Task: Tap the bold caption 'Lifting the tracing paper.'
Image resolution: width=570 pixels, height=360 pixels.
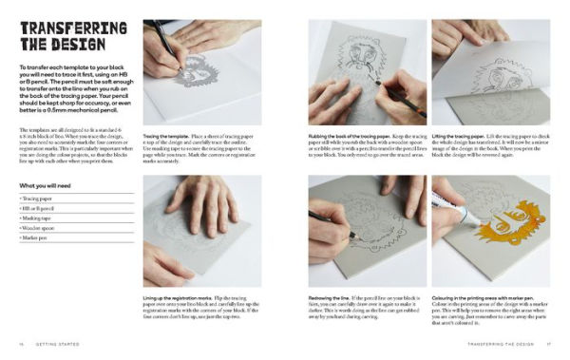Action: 458,137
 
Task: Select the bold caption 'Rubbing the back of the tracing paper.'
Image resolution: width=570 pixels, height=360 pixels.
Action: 345,137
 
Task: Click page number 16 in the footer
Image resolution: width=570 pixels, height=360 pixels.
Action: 20,343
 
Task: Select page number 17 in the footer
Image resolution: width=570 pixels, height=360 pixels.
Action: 550,343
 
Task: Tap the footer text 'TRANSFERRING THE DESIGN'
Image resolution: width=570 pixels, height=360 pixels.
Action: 494,343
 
